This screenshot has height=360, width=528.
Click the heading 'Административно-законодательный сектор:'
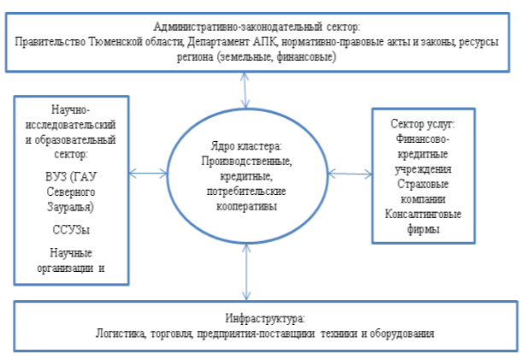click(257, 27)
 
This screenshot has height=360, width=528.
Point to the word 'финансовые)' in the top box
click(306, 57)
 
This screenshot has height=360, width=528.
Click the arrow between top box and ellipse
click(245, 91)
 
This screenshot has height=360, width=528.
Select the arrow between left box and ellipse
click(148, 174)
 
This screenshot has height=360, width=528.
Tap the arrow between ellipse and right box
click(350, 174)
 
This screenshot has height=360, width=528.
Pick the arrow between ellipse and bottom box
click(247, 272)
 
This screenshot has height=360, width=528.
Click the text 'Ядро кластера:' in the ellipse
click(247, 146)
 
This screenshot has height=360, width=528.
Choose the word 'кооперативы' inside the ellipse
click(247, 206)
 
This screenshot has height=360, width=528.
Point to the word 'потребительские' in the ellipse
click(247, 192)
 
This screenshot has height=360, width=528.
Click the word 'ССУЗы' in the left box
click(71, 230)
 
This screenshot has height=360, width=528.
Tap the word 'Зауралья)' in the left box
click(70, 207)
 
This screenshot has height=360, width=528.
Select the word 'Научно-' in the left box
click(71, 110)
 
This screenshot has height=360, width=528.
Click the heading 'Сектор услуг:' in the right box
click(423, 124)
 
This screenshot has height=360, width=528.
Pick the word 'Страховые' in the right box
click(423, 184)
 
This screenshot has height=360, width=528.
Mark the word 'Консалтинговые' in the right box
click(423, 214)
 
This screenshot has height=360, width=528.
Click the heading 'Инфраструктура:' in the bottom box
click(266, 319)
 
